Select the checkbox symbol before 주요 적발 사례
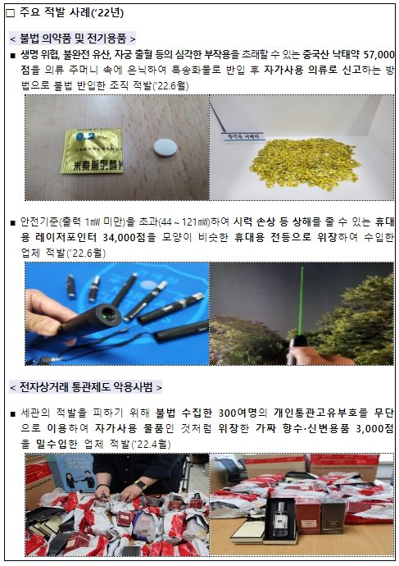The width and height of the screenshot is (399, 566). click(11, 11)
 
